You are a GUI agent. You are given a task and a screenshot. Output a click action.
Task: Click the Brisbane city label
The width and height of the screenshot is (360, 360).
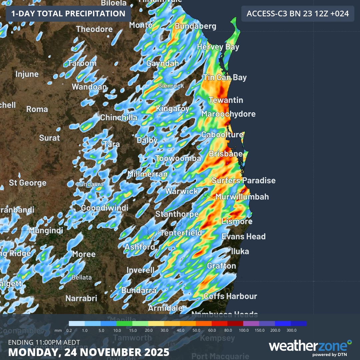tap(226, 154)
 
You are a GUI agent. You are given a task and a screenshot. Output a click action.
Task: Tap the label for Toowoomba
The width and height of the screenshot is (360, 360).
tap(178, 158)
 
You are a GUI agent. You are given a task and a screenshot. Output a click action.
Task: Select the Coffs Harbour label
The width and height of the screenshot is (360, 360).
tap(230, 296)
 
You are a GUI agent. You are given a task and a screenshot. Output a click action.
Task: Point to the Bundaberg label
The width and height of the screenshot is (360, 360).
tap(195, 26)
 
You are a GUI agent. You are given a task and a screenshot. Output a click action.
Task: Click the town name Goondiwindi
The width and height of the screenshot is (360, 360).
tap(104, 208)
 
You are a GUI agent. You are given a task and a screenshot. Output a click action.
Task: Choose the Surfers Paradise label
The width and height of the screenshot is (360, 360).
tap(243, 181)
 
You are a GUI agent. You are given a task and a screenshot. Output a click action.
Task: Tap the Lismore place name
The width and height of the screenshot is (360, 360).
tap(237, 221)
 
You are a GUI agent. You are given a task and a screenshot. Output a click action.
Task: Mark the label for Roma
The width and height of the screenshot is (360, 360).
tap(37, 109)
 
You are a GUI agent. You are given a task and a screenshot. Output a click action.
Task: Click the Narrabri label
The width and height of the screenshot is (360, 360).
tap(81, 298)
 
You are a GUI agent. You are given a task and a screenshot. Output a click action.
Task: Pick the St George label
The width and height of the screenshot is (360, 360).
tap(27, 183)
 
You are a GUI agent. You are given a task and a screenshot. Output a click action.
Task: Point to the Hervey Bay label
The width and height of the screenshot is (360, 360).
tap(218, 47)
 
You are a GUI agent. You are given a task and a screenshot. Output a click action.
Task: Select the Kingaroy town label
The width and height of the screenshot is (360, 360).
tap(172, 109)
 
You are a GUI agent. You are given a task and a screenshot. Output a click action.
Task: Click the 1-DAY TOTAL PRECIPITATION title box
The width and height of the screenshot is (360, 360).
tap(68, 14)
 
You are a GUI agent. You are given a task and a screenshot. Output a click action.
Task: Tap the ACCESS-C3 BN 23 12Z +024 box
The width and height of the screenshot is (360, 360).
tap(297, 14)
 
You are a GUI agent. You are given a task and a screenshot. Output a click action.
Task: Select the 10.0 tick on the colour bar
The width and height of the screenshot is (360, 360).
tap(117, 330)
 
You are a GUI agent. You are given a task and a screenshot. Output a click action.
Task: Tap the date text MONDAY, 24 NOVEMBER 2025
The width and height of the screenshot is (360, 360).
tap(89, 352)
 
